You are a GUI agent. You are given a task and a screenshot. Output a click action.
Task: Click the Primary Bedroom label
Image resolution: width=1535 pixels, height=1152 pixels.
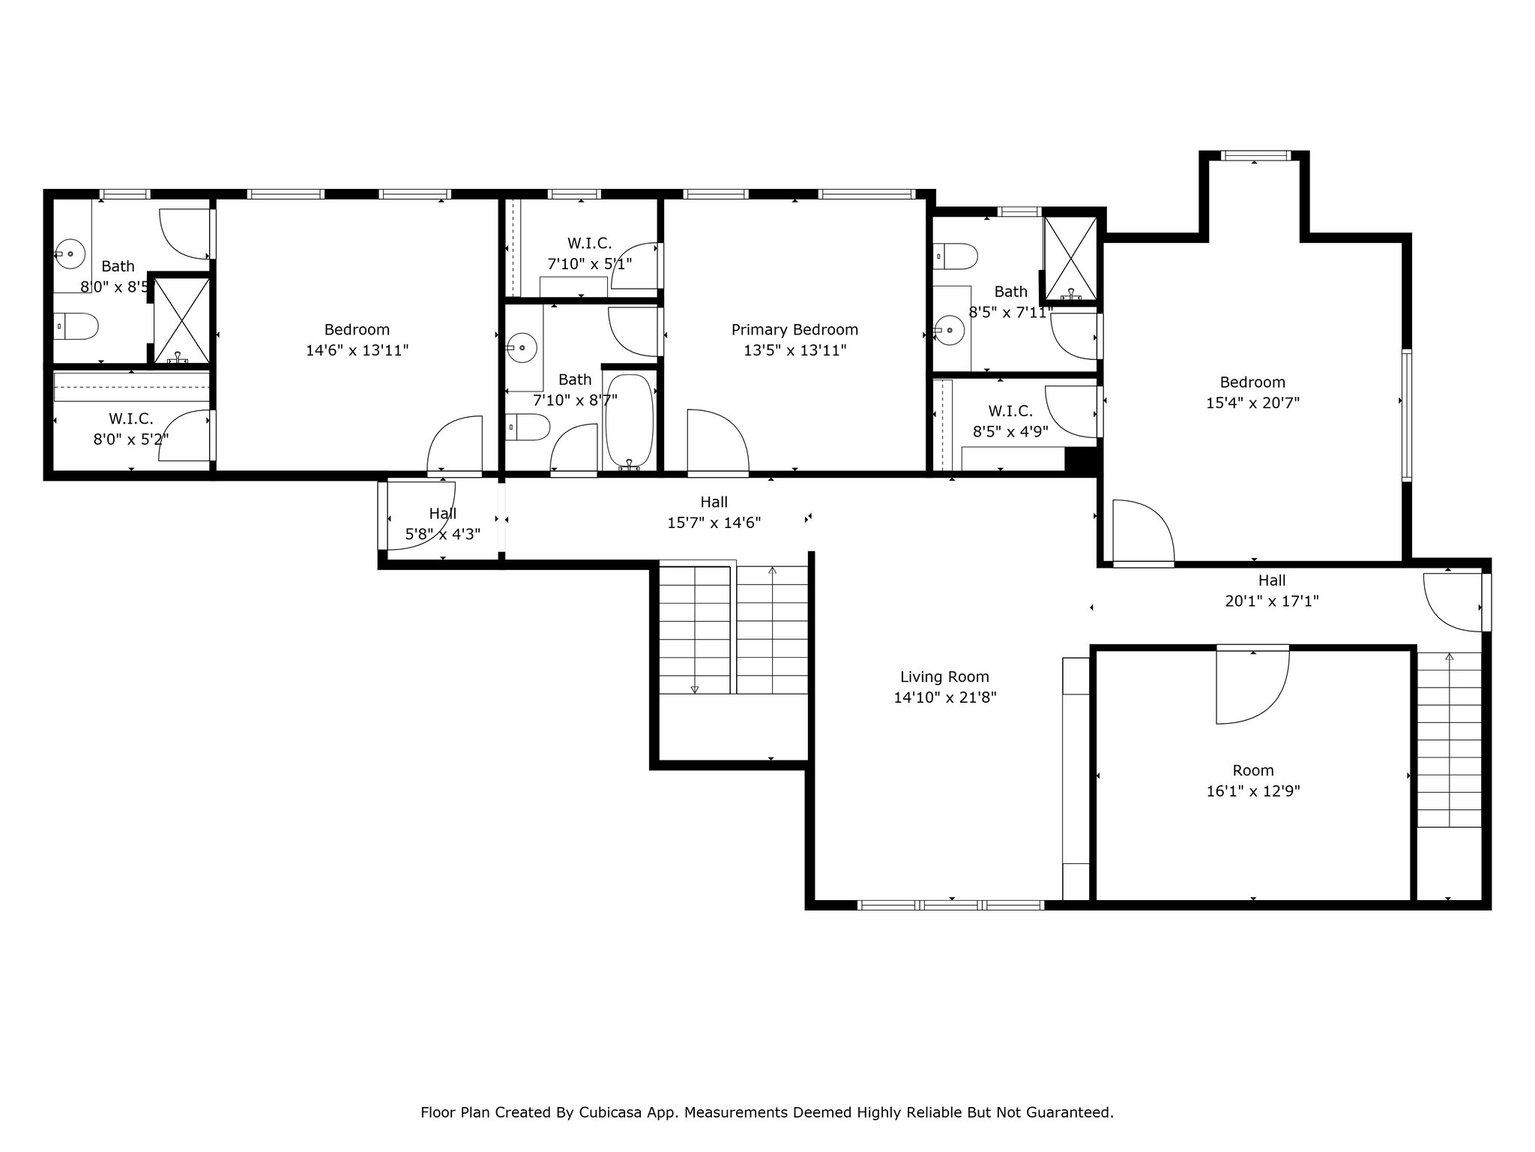(794, 330)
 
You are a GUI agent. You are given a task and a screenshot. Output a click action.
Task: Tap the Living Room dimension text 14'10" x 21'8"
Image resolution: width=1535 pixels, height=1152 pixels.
(944, 697)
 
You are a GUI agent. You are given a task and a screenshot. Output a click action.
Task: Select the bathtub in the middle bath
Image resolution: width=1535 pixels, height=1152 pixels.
(630, 421)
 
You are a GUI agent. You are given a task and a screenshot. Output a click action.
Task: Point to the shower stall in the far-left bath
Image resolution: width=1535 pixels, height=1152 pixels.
(181, 321)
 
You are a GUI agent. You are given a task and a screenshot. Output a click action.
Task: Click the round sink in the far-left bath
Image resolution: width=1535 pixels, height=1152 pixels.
(70, 254)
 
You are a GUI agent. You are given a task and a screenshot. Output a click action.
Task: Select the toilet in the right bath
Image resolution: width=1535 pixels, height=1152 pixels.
(956, 256)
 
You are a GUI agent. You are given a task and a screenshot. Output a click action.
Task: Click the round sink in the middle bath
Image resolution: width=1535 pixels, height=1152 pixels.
(522, 347)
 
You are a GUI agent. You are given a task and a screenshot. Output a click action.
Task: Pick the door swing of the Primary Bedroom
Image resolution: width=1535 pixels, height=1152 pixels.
(718, 442)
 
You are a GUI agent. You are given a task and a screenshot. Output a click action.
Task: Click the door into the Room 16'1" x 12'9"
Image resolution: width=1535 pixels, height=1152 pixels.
(1252, 685)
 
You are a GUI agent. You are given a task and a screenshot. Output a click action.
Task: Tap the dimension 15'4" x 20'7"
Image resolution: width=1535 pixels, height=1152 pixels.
(1252, 403)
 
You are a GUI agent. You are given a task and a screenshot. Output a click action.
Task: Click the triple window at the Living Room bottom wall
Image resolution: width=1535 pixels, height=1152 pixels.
(950, 905)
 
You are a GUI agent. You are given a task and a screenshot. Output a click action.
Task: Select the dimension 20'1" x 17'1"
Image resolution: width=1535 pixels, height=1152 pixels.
(1272, 601)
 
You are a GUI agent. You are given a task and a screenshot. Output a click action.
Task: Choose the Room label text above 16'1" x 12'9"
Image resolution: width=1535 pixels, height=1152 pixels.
(1253, 770)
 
